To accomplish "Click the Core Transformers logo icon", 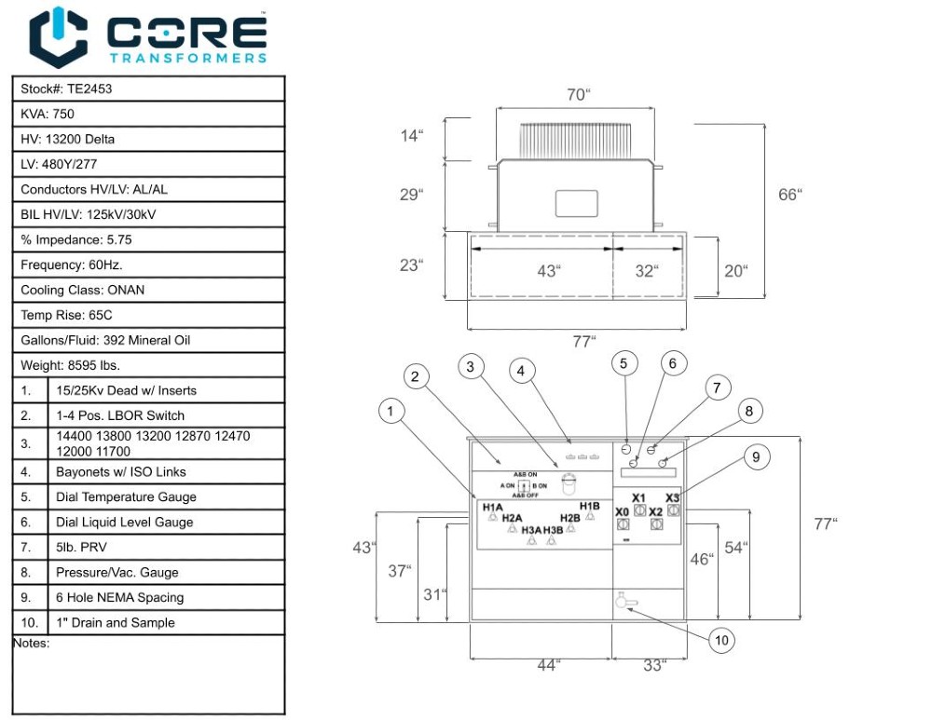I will (58, 36).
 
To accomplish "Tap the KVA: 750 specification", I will (48, 115).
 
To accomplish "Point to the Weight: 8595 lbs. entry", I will (70, 366).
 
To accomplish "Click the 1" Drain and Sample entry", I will (115, 623).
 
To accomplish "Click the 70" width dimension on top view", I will (578, 95).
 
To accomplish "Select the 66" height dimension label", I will (789, 194).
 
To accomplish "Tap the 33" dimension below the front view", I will (654, 665).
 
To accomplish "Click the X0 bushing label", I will (622, 512).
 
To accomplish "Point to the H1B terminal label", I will (589, 506).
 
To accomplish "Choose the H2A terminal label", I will (512, 518).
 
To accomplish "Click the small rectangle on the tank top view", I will (575, 203).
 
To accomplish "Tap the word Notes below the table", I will (31, 644).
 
